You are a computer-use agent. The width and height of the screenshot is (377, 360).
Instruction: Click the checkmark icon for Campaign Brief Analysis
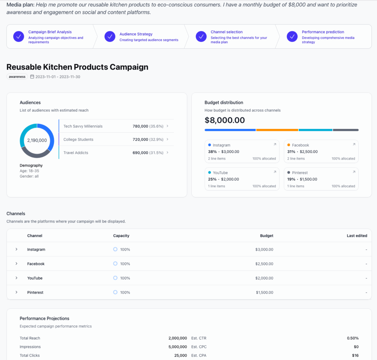click(x=19, y=36)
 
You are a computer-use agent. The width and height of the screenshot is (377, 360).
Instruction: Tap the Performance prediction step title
click(x=323, y=32)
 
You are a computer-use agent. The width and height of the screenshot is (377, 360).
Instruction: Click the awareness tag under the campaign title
click(x=17, y=77)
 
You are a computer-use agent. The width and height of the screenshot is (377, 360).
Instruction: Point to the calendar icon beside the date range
click(x=32, y=77)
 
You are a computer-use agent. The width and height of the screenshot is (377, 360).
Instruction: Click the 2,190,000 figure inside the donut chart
click(x=37, y=140)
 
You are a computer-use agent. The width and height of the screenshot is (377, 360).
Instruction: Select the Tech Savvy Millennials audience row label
click(x=83, y=126)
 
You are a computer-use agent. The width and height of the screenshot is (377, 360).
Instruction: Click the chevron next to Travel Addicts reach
click(x=168, y=153)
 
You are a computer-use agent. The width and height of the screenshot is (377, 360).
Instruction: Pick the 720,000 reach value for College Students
click(x=140, y=139)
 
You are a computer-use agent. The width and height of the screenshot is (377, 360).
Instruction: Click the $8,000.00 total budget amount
click(x=225, y=120)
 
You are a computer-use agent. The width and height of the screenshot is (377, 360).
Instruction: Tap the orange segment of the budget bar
click(x=277, y=130)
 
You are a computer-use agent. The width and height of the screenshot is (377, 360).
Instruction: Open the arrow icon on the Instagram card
click(x=275, y=144)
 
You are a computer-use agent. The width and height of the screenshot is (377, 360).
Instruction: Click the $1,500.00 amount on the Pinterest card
click(x=309, y=179)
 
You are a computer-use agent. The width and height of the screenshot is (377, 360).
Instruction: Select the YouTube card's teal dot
click(x=209, y=172)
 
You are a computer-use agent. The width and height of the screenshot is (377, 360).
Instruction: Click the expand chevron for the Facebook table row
click(x=16, y=263)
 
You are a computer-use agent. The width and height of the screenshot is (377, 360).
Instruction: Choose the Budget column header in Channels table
click(x=267, y=236)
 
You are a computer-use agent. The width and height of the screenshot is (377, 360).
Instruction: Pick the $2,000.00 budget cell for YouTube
click(x=264, y=278)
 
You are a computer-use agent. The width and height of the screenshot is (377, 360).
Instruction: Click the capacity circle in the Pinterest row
click(x=115, y=292)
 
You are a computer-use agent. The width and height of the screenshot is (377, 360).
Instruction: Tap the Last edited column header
click(x=357, y=236)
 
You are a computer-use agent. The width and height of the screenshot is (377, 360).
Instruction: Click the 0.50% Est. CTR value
click(x=352, y=338)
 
